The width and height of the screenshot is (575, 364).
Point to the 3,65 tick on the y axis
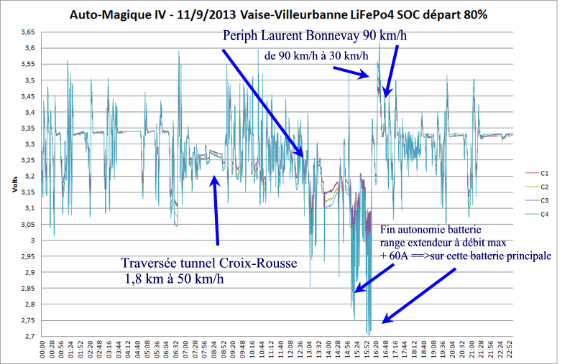[27, 32]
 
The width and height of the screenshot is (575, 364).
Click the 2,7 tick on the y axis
[29, 336]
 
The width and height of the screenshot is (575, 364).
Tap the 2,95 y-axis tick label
[27, 256]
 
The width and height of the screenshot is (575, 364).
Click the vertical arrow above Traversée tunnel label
[215, 212]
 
